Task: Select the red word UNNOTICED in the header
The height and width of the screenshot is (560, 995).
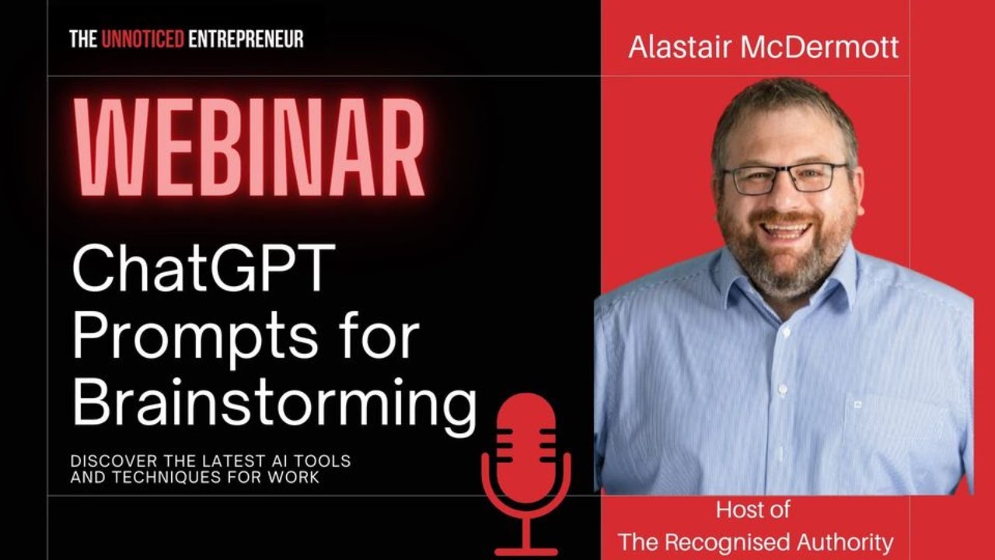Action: point(142,38)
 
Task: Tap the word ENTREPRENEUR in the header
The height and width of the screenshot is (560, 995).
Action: point(246,38)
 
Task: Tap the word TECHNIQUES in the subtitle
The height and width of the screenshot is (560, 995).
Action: point(180,478)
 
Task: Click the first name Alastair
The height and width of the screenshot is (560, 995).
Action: point(680,47)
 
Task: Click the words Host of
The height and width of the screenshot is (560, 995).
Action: point(752,510)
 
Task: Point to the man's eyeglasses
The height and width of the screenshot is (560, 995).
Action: point(785,178)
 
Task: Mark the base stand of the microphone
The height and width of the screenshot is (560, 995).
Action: point(526,549)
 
